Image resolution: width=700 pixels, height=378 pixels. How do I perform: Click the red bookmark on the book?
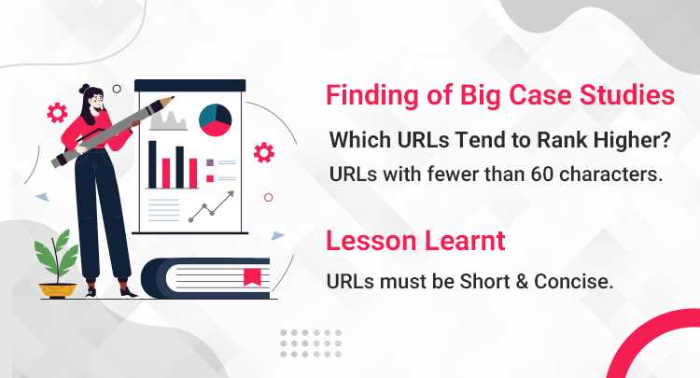pos(252,276)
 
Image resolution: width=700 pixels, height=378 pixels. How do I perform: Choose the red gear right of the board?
pos(264,152)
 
